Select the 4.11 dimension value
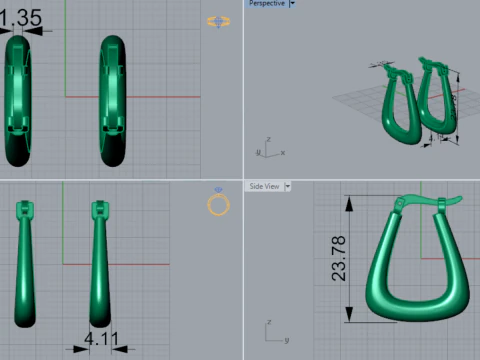tap(101, 340)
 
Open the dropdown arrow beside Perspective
tap(292, 4)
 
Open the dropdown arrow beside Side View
tap(288, 186)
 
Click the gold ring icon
tap(218, 204)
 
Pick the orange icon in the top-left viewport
tap(217, 21)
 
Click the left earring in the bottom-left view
tap(24, 265)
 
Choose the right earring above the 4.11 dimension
tap(100, 265)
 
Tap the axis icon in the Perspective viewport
tap(267, 148)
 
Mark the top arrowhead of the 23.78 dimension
tap(350, 200)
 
